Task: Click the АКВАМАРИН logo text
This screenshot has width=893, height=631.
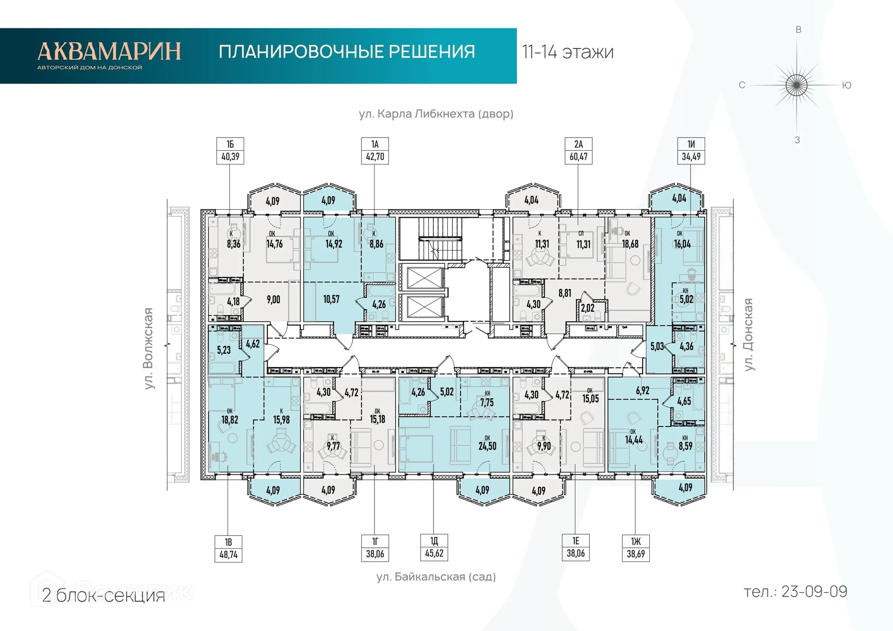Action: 109,51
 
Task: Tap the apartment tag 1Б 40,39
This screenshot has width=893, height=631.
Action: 230,151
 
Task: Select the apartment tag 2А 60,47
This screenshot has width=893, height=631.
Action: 578,151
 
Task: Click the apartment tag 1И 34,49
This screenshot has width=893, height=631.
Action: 691,151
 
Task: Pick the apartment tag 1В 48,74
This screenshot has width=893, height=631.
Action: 228,549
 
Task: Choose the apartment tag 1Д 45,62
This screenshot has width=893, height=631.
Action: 434,547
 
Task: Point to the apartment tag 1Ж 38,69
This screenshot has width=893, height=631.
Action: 636,548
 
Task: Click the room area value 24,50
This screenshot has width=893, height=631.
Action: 487,446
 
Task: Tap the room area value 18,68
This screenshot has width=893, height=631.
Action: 630,244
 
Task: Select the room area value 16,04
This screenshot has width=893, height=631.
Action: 682,244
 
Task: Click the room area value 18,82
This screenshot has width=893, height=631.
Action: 230,419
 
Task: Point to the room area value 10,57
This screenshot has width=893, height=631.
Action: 332,299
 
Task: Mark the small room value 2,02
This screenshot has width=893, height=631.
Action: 587,308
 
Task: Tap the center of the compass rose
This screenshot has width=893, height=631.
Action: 797,85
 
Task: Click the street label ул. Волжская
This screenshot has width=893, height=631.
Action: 148,348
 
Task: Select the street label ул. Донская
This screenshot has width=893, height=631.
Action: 748,335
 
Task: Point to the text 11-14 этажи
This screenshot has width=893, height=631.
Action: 567,52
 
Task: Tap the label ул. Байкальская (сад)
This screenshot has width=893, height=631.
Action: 436,577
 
